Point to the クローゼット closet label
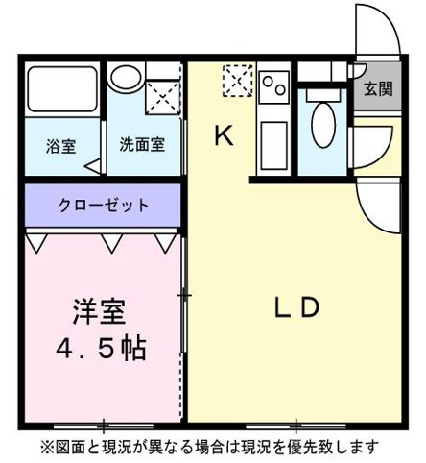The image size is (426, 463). pyautogui.click(x=103, y=205)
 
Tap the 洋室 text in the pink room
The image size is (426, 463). pyautogui.click(x=99, y=312)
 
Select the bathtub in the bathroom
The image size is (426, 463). pyautogui.click(x=61, y=90)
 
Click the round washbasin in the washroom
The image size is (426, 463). pyautogui.click(x=125, y=78)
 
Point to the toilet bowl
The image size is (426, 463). pyautogui.click(x=323, y=123)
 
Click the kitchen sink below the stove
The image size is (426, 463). pyautogui.click(x=273, y=135)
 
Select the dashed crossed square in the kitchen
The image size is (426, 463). pyautogui.click(x=237, y=80)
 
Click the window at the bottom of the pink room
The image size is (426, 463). pyautogui.click(x=104, y=424)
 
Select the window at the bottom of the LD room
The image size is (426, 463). pyautogui.click(x=295, y=424)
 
